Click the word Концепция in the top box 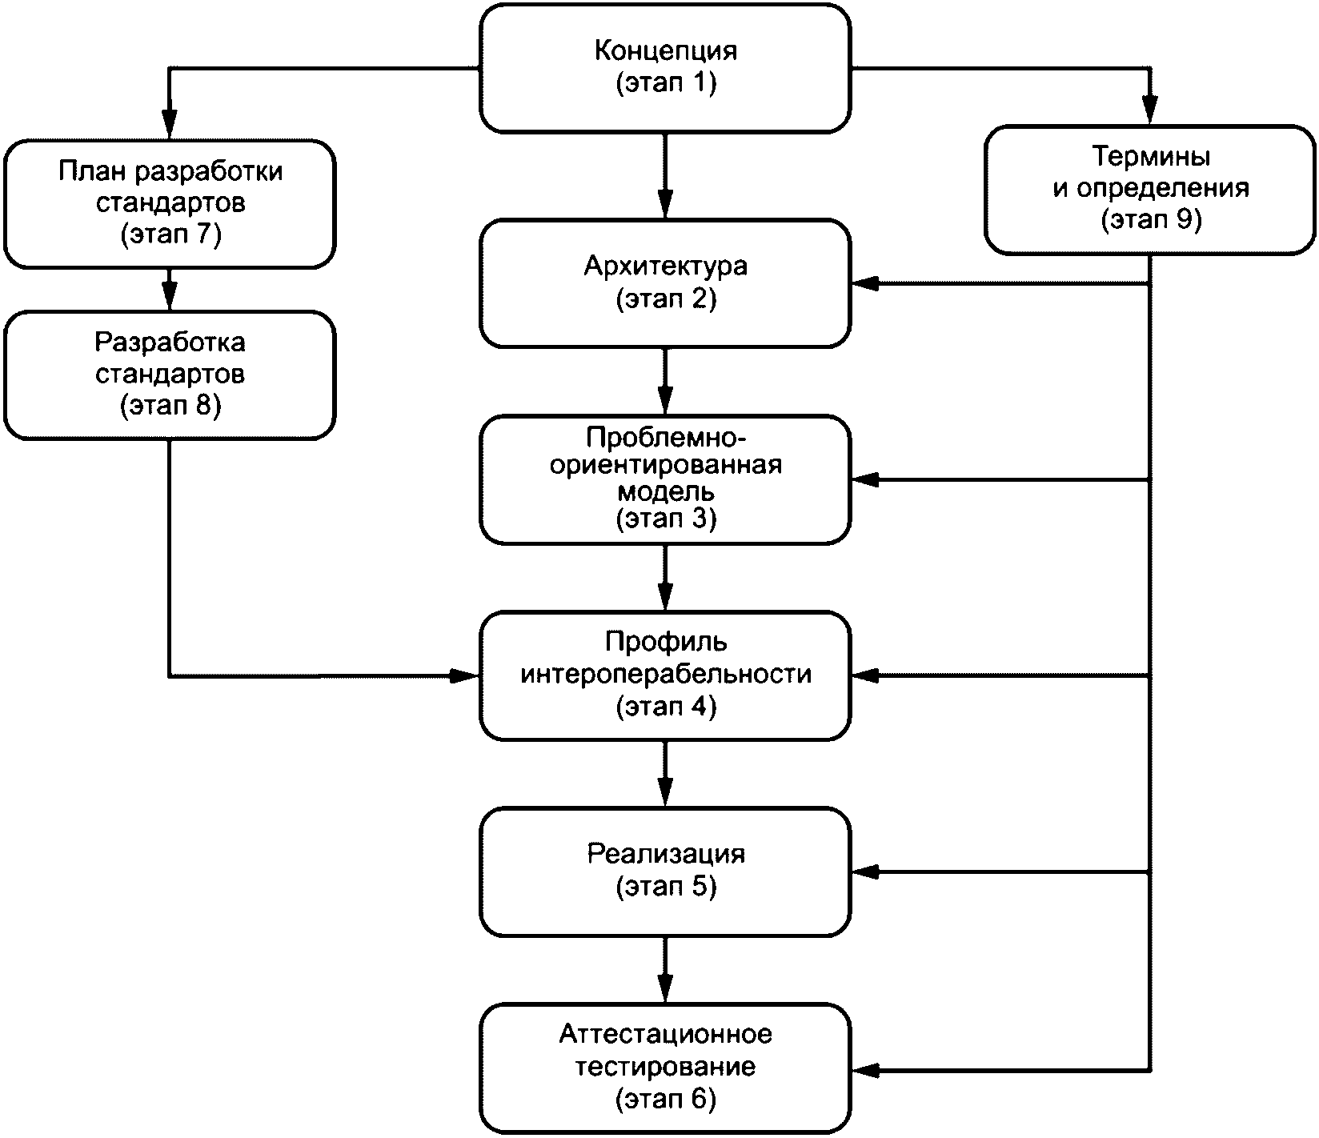[666, 51]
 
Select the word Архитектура [666, 266]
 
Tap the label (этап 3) [666, 519]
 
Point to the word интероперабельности [666, 674]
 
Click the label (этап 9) [1151, 220]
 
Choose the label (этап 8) [170, 406]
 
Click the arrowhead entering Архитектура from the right [864, 283]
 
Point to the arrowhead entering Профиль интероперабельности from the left [465, 676]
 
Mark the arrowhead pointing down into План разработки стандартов [169, 125]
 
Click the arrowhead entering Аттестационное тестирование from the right [864, 1070]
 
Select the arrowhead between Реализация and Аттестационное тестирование [665, 989]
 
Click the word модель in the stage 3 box [666, 491]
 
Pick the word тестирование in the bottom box [666, 1066]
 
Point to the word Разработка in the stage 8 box [170, 342]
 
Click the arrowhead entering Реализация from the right [864, 872]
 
